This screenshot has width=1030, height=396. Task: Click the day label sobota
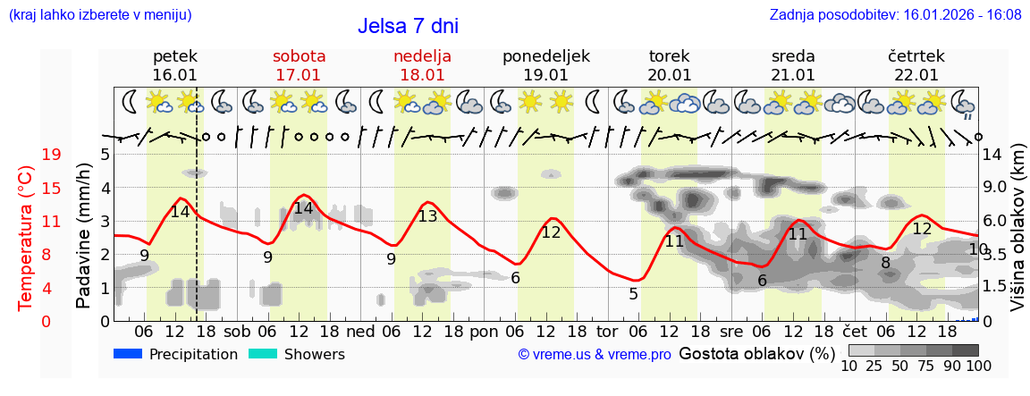coord(299,56)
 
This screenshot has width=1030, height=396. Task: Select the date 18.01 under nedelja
coord(422,75)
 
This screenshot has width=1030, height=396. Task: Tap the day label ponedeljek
coord(545,56)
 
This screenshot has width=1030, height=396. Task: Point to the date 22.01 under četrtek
coord(916,75)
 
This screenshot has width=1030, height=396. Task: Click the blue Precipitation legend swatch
coord(128,354)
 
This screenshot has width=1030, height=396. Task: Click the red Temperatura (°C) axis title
coord(26,238)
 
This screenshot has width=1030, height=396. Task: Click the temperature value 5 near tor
coord(633,294)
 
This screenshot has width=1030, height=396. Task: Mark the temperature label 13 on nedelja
coord(428,216)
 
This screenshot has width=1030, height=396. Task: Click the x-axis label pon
coord(484,330)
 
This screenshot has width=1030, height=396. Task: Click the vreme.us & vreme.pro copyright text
coord(595,355)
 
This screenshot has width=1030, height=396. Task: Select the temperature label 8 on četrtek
coord(885,263)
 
